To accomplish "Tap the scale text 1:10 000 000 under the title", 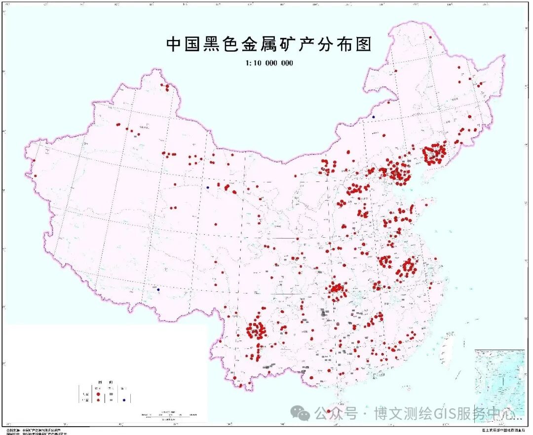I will pos(268,63).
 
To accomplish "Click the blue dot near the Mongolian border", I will pos(374,117).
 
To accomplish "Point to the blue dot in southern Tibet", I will pos(158,290).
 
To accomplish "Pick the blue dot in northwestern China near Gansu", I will pos(208,187).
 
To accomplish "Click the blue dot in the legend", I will pos(124,400).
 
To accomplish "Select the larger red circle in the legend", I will pos(99,394).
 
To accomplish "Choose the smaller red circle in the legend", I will pos(99,400).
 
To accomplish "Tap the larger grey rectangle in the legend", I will pos(112,394).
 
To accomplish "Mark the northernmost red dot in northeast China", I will pos(431,37).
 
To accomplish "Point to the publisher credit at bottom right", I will pos(503,430).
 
